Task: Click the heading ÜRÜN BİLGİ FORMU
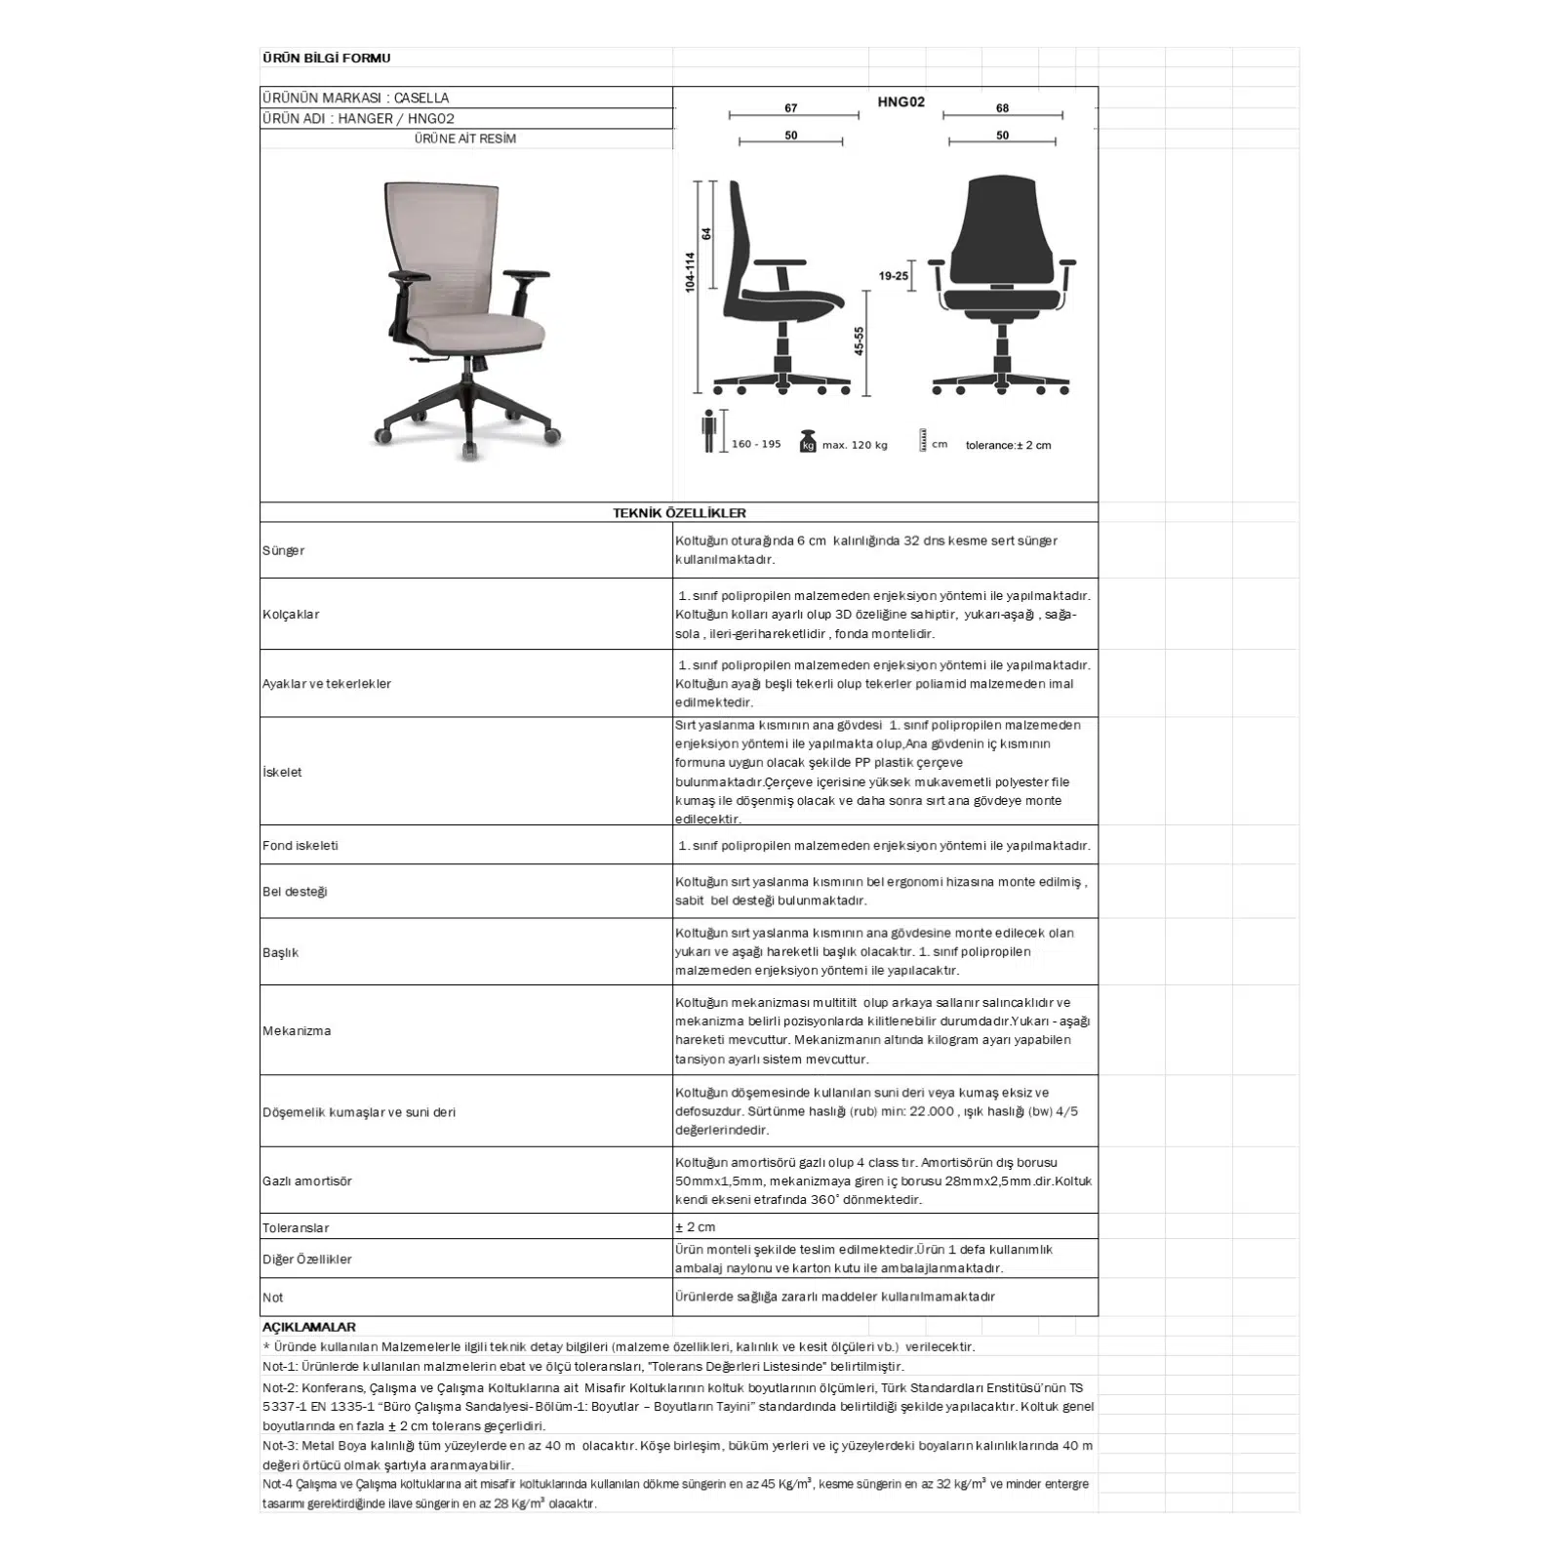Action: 326,59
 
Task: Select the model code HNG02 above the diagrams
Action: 901,101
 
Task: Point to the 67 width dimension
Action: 791,108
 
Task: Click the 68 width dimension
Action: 1002,108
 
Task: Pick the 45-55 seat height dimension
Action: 860,341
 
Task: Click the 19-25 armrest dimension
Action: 893,276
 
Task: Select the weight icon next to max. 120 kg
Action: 808,442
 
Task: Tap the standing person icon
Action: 709,430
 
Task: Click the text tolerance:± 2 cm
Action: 1008,446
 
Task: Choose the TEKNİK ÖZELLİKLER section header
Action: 679,513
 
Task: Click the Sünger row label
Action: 283,551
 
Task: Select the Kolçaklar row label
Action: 291,615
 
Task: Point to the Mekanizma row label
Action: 297,1031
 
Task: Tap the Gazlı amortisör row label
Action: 307,1181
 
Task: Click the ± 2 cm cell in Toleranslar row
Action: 696,1227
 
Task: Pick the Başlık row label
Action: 281,952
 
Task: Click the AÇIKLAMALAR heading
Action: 309,1328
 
